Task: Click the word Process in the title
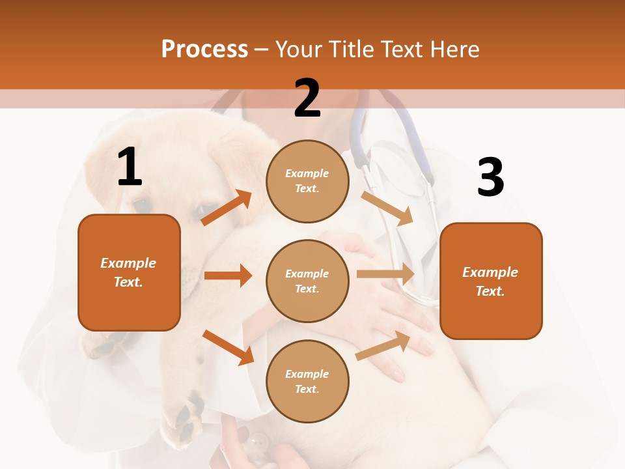point(204,49)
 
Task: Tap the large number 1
point(130,167)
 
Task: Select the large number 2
point(307,98)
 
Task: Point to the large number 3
point(490,178)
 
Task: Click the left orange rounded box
point(129,272)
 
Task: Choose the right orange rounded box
point(491,281)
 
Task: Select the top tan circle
point(307,181)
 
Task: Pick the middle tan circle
point(307,281)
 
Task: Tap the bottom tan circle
point(307,381)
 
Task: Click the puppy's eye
point(142,205)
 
